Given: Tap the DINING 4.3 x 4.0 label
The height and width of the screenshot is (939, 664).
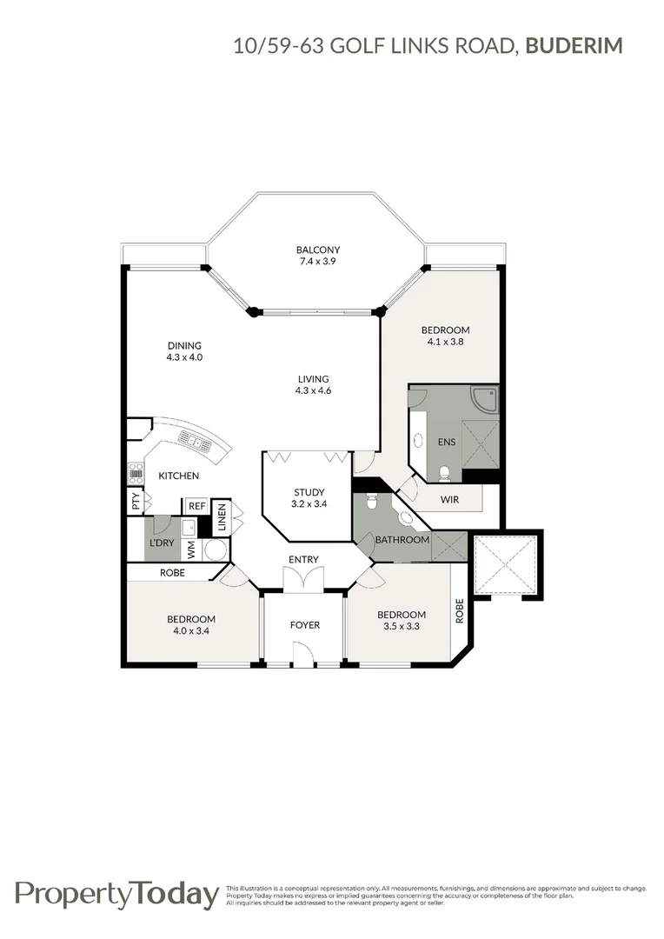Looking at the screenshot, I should tap(184, 351).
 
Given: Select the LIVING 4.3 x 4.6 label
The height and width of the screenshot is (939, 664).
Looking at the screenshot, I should tap(313, 384).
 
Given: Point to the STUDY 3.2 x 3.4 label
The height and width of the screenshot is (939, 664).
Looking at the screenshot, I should tap(308, 498).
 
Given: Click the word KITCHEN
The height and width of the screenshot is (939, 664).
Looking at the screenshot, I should tap(178, 476).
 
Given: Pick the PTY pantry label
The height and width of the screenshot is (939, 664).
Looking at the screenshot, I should tap(135, 501).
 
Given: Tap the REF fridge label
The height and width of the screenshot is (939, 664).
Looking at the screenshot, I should tap(196, 505).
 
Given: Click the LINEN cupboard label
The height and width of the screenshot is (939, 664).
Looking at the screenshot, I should tap(222, 519).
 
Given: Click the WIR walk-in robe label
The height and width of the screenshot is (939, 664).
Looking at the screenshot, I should tap(449, 499).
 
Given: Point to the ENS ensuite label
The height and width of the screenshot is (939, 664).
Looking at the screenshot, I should tap(446, 442).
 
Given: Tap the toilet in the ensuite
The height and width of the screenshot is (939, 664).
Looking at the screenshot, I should tap(445, 472).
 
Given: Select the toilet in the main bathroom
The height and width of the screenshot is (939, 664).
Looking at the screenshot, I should tap(371, 502).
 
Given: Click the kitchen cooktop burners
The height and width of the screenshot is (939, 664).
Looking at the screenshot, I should tap(136, 472).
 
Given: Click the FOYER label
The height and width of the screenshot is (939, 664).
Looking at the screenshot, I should tap(305, 625).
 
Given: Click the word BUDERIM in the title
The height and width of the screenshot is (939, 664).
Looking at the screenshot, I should tap(574, 45).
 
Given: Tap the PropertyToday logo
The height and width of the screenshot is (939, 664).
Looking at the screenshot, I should tap(116, 894).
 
